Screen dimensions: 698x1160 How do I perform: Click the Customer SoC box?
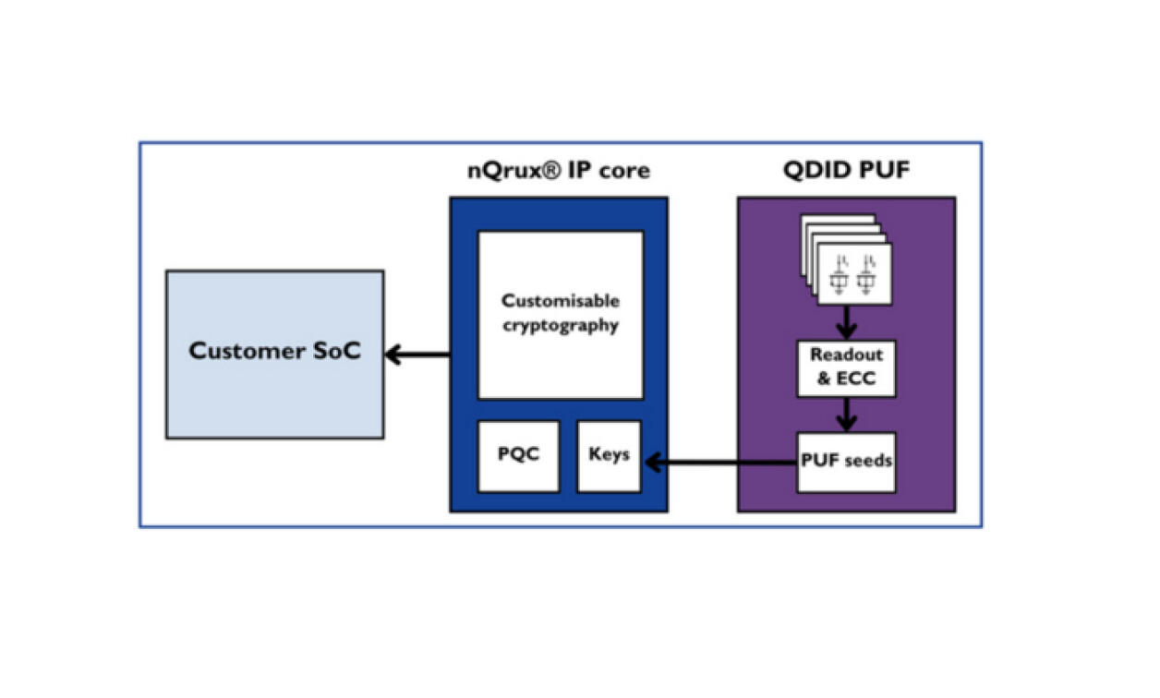[x=274, y=354]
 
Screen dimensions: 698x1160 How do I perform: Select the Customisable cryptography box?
[x=560, y=314]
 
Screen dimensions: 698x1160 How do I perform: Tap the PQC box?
[x=518, y=456]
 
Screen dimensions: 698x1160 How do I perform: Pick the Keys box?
[x=609, y=456]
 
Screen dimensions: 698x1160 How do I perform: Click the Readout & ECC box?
[x=846, y=367]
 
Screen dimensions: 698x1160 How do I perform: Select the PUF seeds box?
[x=846, y=460]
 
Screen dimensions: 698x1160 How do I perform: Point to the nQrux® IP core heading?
[x=557, y=171]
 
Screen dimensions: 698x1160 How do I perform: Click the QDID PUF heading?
[x=845, y=171]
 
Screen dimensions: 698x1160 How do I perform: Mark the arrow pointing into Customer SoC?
[x=417, y=354]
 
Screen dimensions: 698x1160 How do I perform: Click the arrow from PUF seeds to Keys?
[x=720, y=460]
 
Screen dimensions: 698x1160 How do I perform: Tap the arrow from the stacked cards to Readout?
[x=846, y=321]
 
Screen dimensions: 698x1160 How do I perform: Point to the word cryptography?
[x=561, y=325]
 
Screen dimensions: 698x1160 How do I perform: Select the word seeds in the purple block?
[x=869, y=460]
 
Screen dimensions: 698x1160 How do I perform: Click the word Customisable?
[x=561, y=301]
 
